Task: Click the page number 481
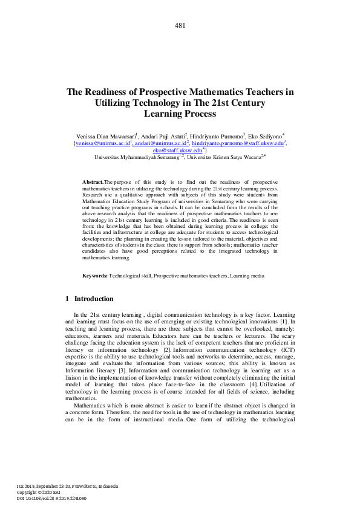click(x=180, y=25)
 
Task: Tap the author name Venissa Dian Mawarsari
click(x=104, y=137)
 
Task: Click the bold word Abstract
click(x=93, y=182)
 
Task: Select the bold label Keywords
click(x=95, y=276)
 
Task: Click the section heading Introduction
click(x=93, y=299)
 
